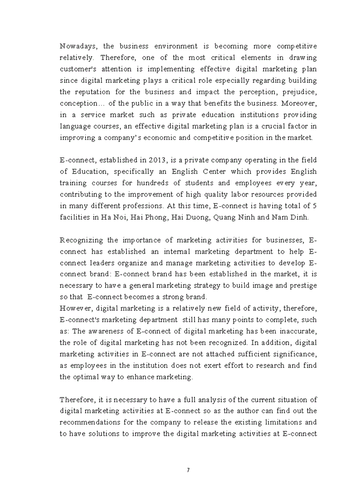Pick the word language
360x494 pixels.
point(76,126)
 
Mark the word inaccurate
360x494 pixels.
point(295,331)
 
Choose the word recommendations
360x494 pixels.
point(95,422)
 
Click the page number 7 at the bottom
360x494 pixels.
point(188,470)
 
